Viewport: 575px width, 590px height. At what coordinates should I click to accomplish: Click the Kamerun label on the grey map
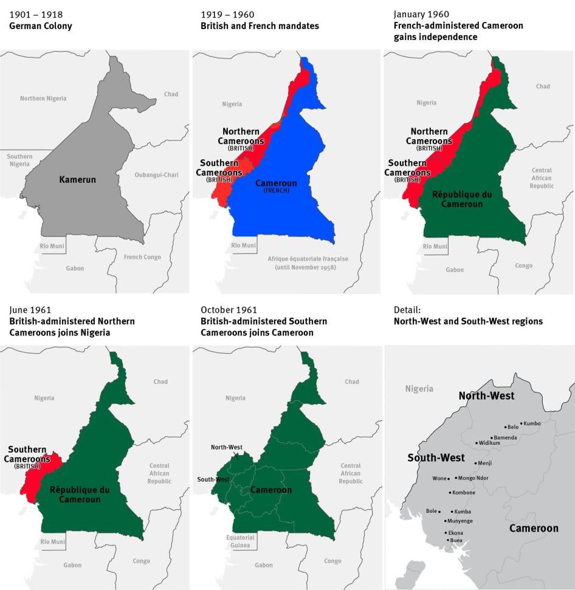tap(78, 179)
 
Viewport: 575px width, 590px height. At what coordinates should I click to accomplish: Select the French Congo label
tap(142, 257)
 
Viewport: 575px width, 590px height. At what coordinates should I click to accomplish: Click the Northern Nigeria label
tap(43, 98)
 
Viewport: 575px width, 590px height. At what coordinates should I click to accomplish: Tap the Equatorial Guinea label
tap(240, 541)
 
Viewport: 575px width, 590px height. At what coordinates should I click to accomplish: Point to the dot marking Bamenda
tap(490, 437)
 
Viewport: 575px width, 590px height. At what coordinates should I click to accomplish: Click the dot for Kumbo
tap(521, 424)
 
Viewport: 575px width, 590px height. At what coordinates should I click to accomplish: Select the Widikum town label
tap(490, 443)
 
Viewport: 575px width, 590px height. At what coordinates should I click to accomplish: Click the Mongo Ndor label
tap(473, 478)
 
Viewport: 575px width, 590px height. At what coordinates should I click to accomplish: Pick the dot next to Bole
tap(439, 512)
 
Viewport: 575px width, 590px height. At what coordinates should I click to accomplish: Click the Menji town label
tap(485, 463)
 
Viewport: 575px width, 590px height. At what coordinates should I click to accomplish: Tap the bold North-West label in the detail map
tap(486, 396)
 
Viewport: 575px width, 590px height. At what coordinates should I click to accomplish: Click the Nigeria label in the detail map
tap(419, 389)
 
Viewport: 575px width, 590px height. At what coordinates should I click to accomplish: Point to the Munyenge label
tap(460, 521)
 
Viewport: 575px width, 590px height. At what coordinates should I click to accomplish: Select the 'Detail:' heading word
tap(407, 310)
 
